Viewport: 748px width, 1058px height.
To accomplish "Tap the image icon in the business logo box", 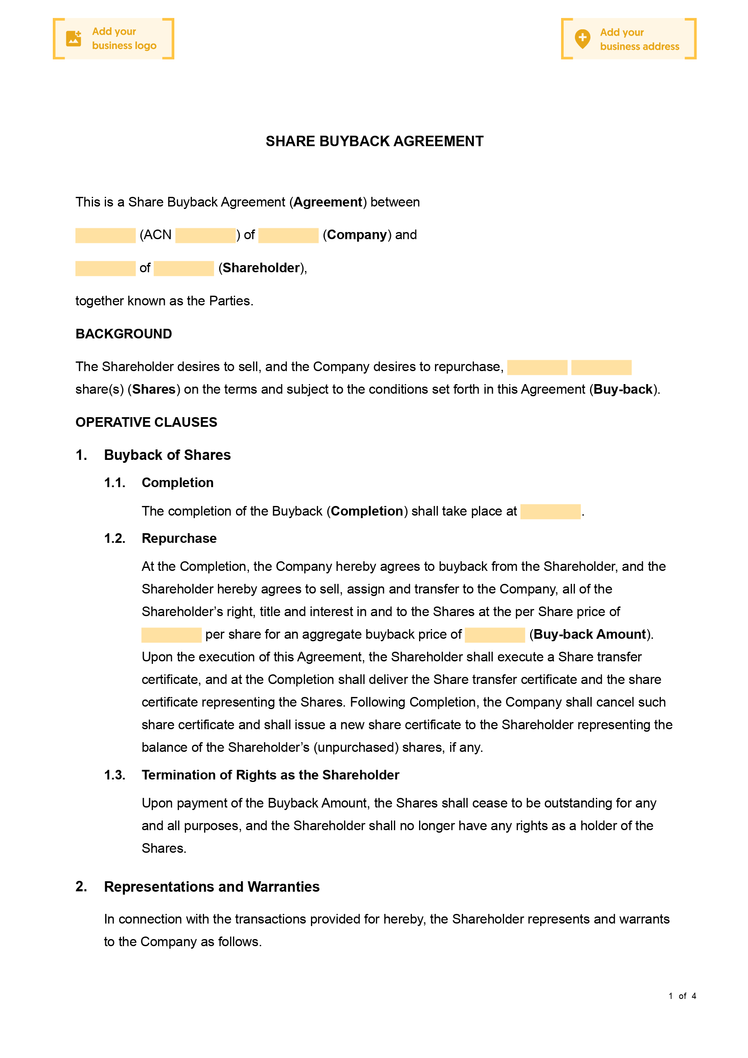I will click(74, 39).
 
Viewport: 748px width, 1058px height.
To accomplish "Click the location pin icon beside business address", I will click(582, 39).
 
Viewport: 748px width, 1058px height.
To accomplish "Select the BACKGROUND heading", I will click(124, 334).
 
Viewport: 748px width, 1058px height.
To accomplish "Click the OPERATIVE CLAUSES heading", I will click(146, 422).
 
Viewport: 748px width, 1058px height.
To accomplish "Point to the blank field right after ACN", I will click(205, 235).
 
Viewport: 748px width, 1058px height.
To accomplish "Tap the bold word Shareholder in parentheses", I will click(261, 268).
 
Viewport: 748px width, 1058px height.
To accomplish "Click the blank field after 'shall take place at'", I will click(550, 511).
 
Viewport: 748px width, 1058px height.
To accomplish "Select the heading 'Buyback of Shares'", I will click(167, 455).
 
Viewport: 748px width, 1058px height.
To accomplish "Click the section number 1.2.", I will click(114, 538).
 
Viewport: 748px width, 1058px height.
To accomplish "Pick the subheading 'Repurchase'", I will click(179, 538).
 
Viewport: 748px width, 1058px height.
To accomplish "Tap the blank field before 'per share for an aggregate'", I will click(171, 635).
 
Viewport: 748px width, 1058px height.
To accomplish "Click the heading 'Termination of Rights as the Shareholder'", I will click(270, 775).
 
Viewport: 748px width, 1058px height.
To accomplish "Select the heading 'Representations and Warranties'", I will click(212, 887).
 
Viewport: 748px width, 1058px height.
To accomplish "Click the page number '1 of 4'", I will click(682, 996).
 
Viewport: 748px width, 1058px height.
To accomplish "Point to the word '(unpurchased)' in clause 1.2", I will click(356, 747).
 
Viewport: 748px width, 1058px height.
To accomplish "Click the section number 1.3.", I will click(114, 775).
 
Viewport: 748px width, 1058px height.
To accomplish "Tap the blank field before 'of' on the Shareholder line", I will click(105, 268).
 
